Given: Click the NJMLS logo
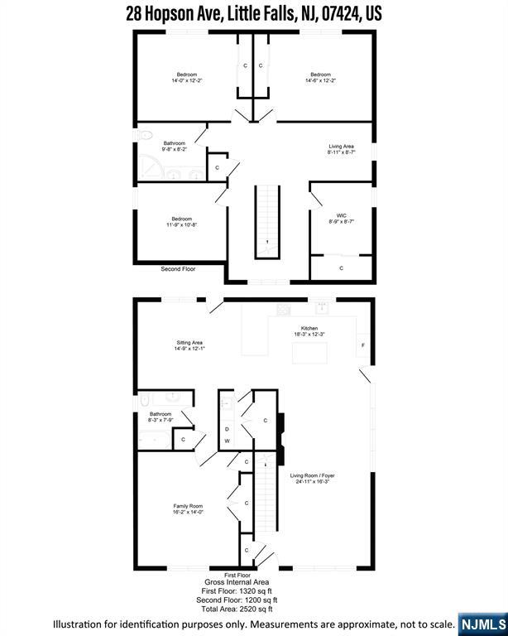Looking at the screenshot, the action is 483,624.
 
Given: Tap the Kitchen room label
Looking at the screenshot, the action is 309,328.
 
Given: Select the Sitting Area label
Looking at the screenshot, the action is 189,342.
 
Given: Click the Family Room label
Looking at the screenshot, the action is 188,506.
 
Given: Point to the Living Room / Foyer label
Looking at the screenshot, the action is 313,475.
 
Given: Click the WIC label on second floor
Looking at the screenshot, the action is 341,215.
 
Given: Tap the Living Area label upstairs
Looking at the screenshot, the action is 341,146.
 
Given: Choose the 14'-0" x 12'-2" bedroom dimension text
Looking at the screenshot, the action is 187,80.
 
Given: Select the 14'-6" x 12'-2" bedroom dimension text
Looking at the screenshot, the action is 321,80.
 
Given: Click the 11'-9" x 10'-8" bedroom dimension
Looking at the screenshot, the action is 181,224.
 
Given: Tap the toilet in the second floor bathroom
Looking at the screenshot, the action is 144,135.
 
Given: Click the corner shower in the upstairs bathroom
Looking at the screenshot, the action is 150,167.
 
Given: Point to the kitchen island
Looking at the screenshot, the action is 310,353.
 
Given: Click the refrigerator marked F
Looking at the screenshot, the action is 363,345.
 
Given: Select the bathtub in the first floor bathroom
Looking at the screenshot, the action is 154,440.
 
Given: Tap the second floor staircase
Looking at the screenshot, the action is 267,222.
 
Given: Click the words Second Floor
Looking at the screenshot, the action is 178,269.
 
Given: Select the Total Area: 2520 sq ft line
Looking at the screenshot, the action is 237,609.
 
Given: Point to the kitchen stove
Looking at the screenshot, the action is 284,310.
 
